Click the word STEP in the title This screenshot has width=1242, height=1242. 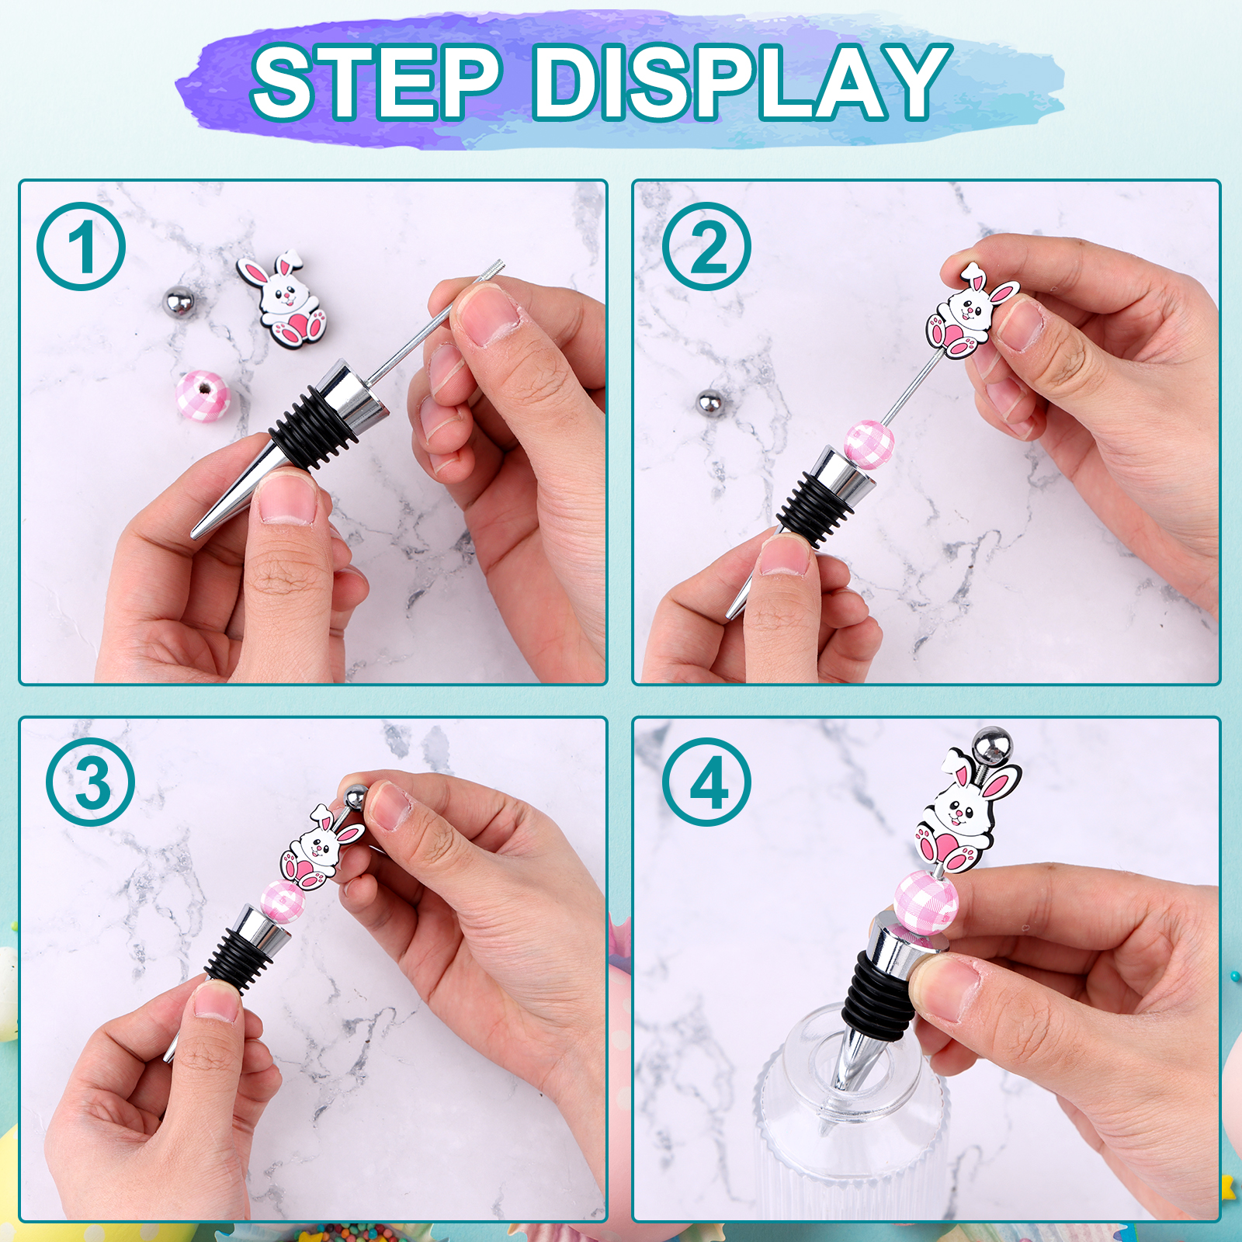click(x=376, y=82)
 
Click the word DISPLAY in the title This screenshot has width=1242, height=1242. click(x=742, y=82)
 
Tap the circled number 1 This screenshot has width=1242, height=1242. click(x=81, y=246)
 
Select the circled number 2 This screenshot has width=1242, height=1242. click(x=706, y=246)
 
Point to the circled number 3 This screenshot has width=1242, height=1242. click(x=90, y=782)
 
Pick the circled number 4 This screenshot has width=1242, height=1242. click(x=706, y=782)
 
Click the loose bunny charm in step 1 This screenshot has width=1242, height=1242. click(x=284, y=298)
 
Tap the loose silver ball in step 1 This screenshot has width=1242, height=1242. click(x=179, y=301)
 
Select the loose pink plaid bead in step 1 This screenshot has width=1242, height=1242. click(x=203, y=395)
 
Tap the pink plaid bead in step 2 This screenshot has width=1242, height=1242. click(x=869, y=444)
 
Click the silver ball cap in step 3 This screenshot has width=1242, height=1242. click(x=356, y=798)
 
